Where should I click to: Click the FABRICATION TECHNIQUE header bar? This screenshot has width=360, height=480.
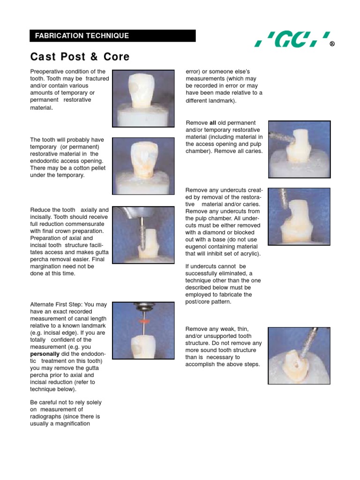(112, 36)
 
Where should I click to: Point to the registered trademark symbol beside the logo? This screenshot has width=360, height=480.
(332, 45)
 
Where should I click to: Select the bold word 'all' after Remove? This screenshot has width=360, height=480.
(212, 123)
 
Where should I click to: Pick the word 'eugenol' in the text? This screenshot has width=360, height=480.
(198, 247)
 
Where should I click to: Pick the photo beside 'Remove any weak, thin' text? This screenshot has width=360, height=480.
(299, 355)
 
